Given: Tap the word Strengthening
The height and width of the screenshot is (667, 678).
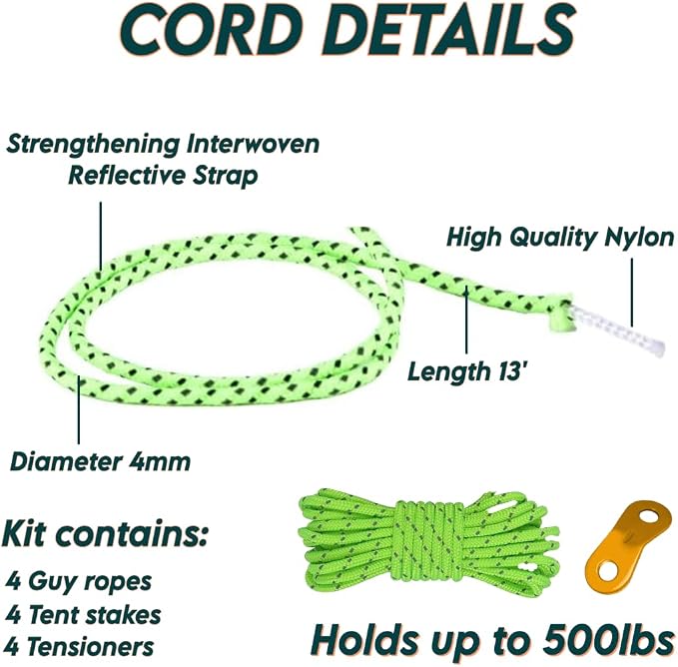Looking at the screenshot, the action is click(93, 145).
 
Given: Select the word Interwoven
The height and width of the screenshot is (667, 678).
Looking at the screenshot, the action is click(253, 144).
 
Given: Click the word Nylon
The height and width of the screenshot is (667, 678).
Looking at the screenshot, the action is click(639, 238).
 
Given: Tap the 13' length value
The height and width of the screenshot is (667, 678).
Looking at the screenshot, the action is click(513, 371).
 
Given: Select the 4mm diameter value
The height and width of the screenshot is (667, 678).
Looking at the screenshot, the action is click(160, 461).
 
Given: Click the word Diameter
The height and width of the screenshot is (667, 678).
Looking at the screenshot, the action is click(66, 461).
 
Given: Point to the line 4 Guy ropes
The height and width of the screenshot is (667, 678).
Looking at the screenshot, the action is click(79, 581).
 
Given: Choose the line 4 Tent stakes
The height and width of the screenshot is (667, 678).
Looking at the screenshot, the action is click(83, 615).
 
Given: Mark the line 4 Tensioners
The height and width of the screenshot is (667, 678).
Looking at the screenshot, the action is click(80, 647).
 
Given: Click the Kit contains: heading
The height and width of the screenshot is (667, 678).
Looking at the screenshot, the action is click(105, 533).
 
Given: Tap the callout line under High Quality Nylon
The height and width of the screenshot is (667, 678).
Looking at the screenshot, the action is click(632, 293).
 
